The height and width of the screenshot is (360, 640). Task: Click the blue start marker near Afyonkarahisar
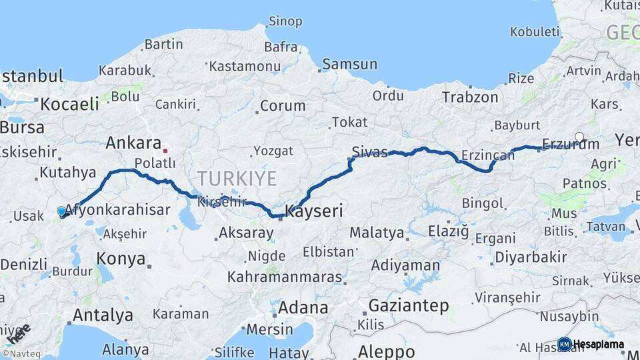(62, 211)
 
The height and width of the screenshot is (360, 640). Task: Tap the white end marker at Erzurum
(579, 137)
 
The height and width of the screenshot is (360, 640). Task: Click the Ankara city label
(133, 143)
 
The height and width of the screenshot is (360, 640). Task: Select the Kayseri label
(313, 212)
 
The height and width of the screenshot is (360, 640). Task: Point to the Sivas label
(369, 153)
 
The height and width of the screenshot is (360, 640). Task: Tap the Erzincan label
(489, 155)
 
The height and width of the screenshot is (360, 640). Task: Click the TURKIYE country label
(236, 179)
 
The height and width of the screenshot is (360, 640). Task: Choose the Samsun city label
(349, 65)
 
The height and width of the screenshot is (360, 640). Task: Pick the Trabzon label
(469, 97)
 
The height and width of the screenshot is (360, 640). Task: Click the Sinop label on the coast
(285, 21)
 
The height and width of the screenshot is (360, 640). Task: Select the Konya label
(121, 258)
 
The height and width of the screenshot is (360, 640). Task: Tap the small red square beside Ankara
(165, 151)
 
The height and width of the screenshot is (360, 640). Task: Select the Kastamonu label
(244, 67)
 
